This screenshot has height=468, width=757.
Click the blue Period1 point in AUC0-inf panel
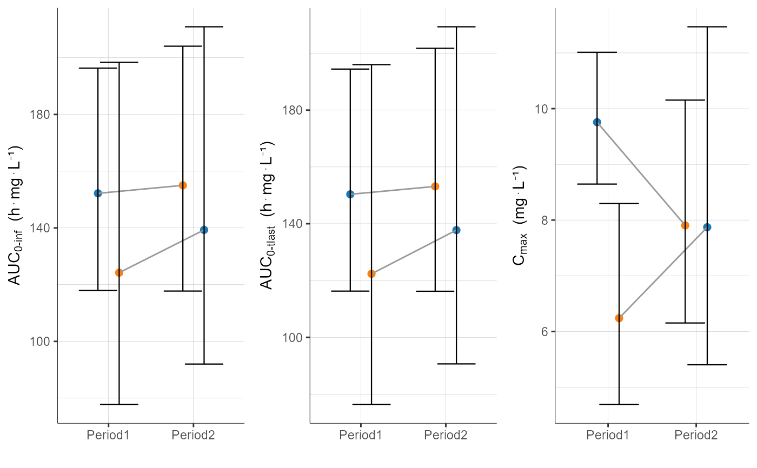pyautogui.click(x=98, y=193)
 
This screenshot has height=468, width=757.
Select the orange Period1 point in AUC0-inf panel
pyautogui.click(x=119, y=273)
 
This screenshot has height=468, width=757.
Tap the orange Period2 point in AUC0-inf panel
pyautogui.click(x=183, y=185)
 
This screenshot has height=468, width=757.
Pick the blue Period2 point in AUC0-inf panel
pyautogui.click(x=204, y=230)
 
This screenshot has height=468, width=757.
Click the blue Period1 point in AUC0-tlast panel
pyautogui.click(x=350, y=194)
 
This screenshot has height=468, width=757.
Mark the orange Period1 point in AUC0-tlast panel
pyautogui.click(x=371, y=274)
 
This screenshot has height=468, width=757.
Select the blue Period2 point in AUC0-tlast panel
pyautogui.click(x=456, y=230)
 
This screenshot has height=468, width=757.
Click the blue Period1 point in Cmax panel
pyautogui.click(x=597, y=122)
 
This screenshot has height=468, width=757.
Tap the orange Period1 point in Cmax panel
pyautogui.click(x=619, y=318)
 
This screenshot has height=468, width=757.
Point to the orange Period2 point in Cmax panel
pyautogui.click(x=685, y=225)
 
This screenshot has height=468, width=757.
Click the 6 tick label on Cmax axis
pyautogui.click(x=545, y=331)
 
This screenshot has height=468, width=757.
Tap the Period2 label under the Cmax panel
pyautogui.click(x=696, y=435)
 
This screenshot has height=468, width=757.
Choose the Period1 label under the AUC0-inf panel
pyautogui.click(x=108, y=435)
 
